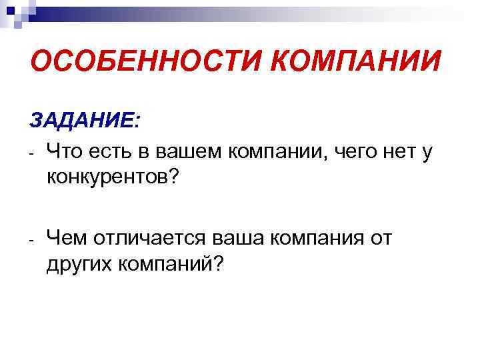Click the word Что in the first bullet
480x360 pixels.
[67, 153]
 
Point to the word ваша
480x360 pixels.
[240, 238]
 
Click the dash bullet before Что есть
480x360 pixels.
[31, 155]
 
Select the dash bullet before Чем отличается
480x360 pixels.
[31, 239]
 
